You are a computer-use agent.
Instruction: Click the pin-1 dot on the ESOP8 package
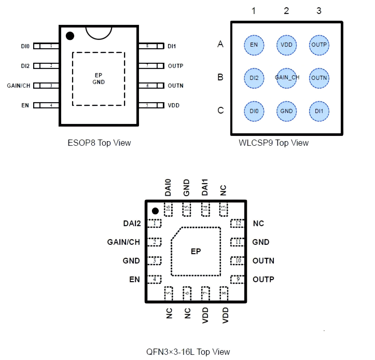(x=70, y=36)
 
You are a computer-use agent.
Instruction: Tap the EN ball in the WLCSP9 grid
(x=254, y=45)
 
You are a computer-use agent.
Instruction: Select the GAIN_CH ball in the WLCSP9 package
(x=287, y=78)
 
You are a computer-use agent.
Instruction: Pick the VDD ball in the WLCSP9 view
(x=287, y=45)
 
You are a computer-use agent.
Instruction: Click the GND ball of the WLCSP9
(x=287, y=111)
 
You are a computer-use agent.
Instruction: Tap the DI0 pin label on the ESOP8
(x=25, y=46)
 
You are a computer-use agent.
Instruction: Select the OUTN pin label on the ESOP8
(x=176, y=86)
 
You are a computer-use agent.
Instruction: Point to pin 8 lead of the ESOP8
(x=147, y=46)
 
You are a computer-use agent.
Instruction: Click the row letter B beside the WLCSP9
(x=220, y=78)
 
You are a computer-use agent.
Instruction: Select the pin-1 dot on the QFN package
(x=155, y=211)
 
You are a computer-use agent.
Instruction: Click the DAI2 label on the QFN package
(x=131, y=224)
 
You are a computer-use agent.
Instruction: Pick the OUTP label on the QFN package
(x=263, y=280)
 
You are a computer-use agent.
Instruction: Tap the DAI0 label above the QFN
(x=168, y=188)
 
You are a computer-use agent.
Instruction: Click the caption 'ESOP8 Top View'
(x=99, y=143)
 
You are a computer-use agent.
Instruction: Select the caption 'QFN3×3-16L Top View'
(x=188, y=352)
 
